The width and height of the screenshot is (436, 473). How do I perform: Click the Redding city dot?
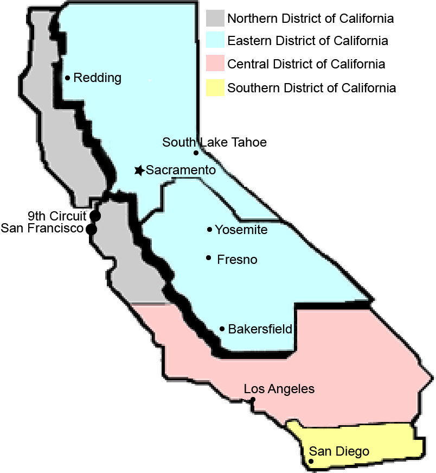point(67,78)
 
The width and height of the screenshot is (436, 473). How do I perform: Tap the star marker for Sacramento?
point(139,171)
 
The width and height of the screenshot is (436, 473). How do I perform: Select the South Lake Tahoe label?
point(214,142)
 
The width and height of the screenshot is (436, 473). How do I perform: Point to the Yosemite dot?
point(209,230)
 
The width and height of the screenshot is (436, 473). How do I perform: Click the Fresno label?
point(237,260)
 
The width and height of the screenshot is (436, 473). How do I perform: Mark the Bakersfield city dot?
point(222,329)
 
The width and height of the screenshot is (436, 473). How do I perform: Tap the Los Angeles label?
point(279,389)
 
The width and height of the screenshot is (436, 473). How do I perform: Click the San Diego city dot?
point(311,462)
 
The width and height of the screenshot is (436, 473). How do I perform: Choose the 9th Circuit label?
point(57,215)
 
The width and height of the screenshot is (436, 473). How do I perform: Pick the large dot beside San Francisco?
point(92,229)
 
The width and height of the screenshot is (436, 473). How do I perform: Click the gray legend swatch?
point(215,18)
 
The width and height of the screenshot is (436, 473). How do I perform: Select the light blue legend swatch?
point(215,41)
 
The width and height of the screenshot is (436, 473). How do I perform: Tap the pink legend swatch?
point(215,64)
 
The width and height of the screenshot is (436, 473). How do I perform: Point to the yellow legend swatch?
point(215,87)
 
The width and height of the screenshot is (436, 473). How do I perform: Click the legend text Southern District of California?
point(311,88)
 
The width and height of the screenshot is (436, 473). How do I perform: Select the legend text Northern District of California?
point(310,18)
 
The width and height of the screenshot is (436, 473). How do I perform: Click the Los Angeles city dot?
point(253,400)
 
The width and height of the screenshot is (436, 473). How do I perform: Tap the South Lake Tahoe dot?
point(196,153)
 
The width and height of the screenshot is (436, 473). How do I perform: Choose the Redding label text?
point(97,78)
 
